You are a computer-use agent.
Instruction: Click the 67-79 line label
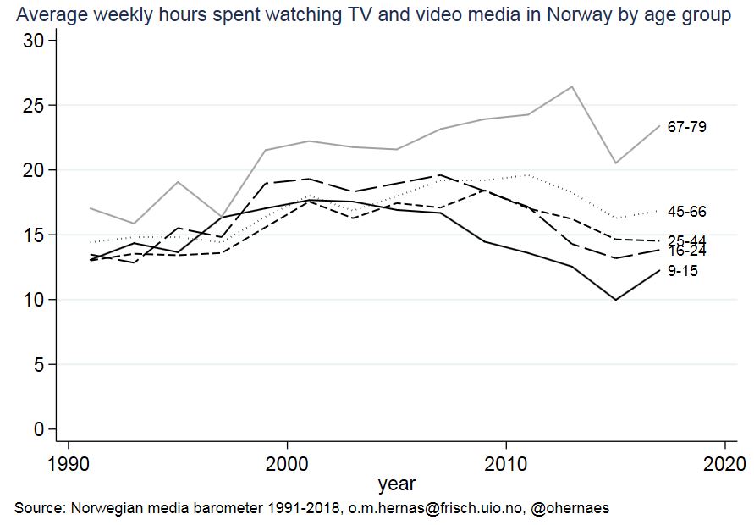pyautogui.click(x=686, y=127)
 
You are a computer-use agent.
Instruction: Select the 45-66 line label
pyautogui.click(x=686, y=212)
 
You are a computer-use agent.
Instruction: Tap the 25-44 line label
pyautogui.click(x=686, y=240)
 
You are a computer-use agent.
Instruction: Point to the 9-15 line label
pyautogui.click(x=682, y=271)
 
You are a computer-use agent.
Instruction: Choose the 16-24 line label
pyautogui.click(x=686, y=251)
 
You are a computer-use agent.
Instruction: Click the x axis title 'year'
pyautogui.click(x=396, y=484)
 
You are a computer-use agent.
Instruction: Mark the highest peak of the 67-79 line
pyautogui.click(x=572, y=86)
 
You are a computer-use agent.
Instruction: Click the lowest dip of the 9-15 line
pyautogui.click(x=616, y=300)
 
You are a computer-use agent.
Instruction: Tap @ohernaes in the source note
pyautogui.click(x=568, y=508)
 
